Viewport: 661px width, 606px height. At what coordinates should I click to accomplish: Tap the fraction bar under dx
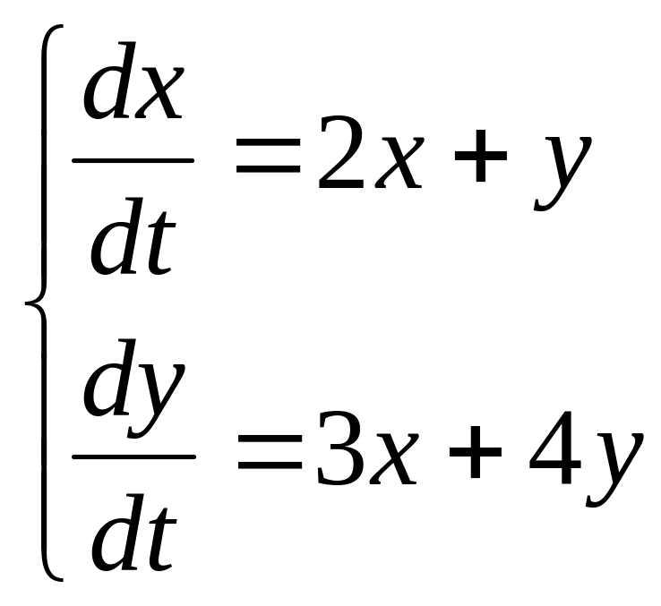[x=133, y=161]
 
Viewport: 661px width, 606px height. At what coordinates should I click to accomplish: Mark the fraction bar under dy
[x=133, y=457]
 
